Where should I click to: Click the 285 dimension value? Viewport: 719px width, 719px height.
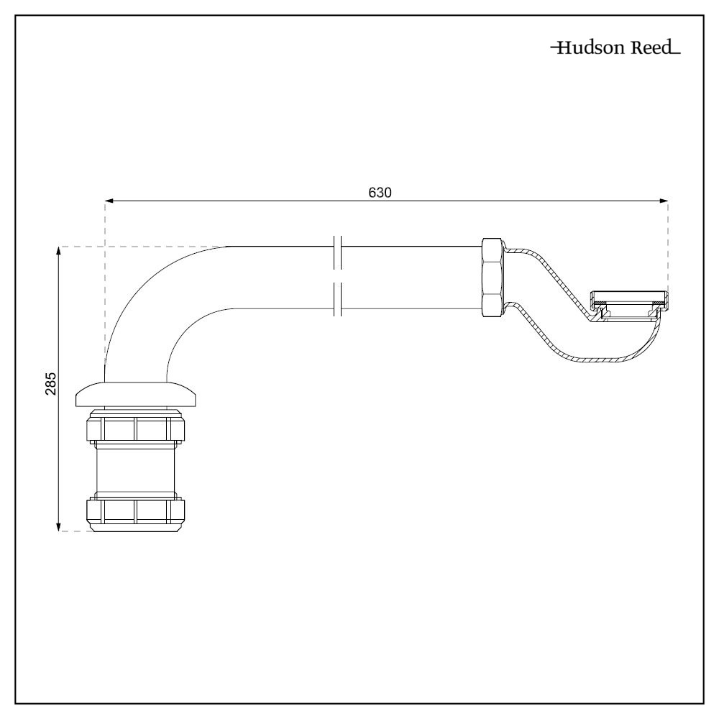tap(51, 389)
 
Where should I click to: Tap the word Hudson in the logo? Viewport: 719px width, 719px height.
tap(592, 49)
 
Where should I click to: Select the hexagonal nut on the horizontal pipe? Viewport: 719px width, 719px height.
tap(493, 277)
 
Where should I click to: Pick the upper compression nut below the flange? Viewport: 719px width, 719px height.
tap(136, 429)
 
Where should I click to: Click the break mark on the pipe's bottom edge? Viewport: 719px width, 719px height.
tap(337, 300)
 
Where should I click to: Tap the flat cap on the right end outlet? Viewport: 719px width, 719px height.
tap(629, 297)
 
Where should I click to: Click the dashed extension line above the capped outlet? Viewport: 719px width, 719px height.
tap(669, 244)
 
